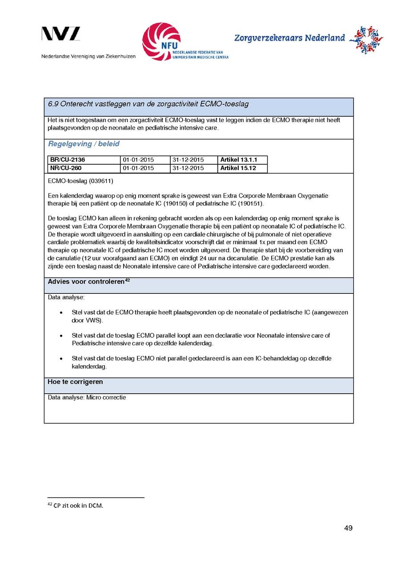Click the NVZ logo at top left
pyautogui.click(x=61, y=34)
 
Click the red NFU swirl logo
pyautogui.click(x=161, y=41)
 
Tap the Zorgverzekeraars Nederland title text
pyautogui.click(x=289, y=38)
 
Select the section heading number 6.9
pyautogui.click(x=53, y=104)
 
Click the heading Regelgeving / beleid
pyautogui.click(x=84, y=144)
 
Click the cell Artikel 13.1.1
pyautogui.click(x=239, y=160)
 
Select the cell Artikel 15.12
pyautogui.click(x=238, y=168)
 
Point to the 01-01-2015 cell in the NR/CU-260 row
pyautogui.click(x=138, y=168)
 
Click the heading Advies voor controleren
pyautogui.click(x=86, y=282)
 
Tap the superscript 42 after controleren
pyautogui.click(x=127, y=280)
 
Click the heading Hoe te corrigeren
pyautogui.click(x=75, y=382)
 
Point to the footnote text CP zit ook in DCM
pyautogui.click(x=78, y=506)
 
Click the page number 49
pyautogui.click(x=348, y=528)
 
